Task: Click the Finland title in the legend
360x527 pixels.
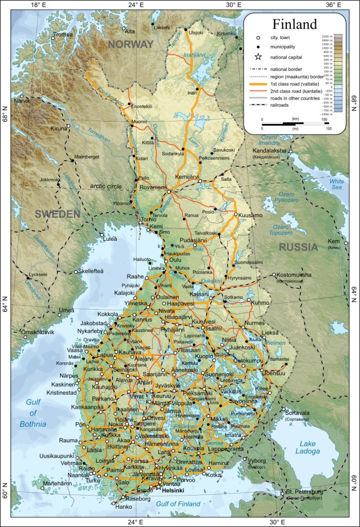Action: click(x=294, y=24)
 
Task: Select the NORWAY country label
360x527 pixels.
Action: click(x=131, y=45)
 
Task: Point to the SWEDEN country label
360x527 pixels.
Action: click(x=58, y=214)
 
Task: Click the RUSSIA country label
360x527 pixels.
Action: click(x=298, y=247)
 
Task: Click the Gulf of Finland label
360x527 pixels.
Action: click(x=178, y=504)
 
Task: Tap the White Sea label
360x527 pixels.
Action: click(x=337, y=185)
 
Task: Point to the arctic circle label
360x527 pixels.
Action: click(x=106, y=186)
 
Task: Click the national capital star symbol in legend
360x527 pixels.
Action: click(x=258, y=57)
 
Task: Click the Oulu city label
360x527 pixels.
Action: click(x=176, y=260)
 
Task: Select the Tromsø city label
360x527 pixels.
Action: click(x=63, y=35)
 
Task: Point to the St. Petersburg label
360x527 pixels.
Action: click(x=303, y=491)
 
